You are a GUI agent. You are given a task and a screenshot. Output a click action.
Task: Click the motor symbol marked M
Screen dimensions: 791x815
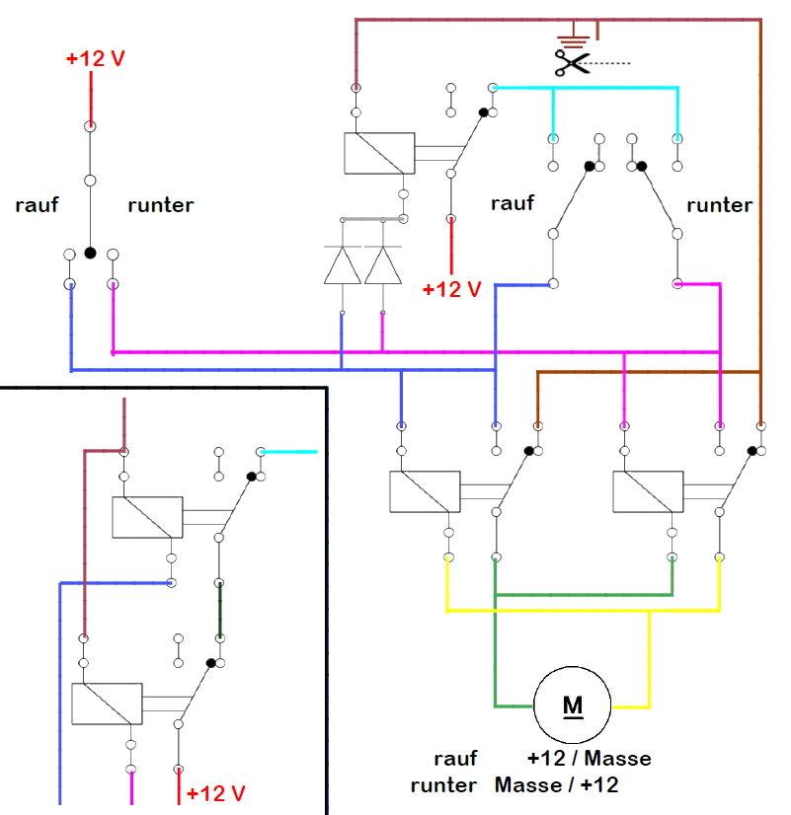(572, 704)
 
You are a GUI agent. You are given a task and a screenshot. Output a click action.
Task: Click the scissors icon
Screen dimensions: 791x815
(572, 63)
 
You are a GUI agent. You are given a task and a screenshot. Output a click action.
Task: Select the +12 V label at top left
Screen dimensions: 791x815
(95, 58)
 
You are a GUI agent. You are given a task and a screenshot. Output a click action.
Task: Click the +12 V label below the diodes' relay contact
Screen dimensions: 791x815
(451, 289)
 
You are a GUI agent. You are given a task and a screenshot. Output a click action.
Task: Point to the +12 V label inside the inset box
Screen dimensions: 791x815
(215, 793)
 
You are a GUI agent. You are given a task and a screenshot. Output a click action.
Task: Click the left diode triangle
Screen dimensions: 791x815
(343, 265)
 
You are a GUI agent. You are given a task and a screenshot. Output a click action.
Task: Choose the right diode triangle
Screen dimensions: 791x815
(383, 265)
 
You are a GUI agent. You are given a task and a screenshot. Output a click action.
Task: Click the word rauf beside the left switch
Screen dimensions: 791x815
(37, 205)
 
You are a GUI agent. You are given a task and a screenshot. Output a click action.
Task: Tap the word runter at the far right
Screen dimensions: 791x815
(719, 205)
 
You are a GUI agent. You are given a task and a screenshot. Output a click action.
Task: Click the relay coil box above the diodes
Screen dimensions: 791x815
(379, 153)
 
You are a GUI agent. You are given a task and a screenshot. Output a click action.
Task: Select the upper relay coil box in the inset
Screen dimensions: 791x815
(147, 517)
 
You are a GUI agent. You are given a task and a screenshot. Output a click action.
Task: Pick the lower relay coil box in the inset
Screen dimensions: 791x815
(107, 704)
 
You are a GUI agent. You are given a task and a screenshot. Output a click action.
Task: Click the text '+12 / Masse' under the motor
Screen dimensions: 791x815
(589, 759)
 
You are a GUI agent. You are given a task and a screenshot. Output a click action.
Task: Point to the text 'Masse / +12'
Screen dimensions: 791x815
(556, 784)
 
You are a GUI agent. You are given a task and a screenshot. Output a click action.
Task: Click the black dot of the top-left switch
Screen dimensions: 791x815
(90, 254)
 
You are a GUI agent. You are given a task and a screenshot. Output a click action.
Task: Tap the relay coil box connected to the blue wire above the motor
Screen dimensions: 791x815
(425, 491)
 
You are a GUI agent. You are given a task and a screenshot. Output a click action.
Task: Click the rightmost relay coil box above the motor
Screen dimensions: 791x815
(648, 491)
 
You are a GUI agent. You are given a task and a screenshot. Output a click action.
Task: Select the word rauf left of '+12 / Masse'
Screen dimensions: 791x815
(455, 759)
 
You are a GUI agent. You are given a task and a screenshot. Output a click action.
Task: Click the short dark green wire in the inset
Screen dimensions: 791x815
(220, 610)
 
